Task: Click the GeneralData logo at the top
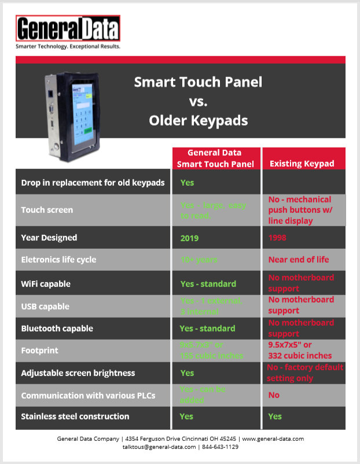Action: point(68,28)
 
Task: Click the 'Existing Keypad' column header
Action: point(302,164)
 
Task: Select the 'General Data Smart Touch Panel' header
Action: point(215,158)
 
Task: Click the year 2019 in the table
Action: point(189,238)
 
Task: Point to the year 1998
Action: point(278,238)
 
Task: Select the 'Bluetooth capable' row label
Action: point(57,328)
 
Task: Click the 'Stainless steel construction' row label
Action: point(75,416)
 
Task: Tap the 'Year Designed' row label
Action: point(49,238)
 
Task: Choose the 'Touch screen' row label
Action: point(47,210)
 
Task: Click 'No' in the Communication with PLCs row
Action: point(274,395)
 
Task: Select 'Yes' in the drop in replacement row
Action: point(187,182)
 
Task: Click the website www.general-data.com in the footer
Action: point(273,439)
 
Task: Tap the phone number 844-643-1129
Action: point(221,447)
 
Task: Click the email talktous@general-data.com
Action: point(158,447)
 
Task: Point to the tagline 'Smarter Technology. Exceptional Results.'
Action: point(68,46)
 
